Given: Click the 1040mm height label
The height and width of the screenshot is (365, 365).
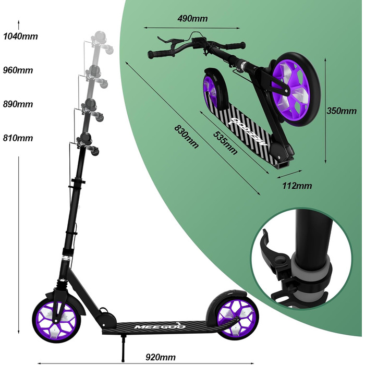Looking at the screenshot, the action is point(20,36).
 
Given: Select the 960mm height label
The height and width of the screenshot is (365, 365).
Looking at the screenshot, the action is point(18,70).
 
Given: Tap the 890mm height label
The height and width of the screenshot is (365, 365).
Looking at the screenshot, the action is point(18,104).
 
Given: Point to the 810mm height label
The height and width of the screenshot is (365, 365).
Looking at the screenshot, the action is point(18,138).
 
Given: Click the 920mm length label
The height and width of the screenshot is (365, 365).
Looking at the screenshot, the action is point(161,357).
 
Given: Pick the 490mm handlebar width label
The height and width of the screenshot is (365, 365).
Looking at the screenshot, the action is point(192,18).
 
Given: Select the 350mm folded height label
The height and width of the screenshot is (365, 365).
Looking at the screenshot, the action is point(342,111).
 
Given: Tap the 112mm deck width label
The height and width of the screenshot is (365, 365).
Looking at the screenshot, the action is point(297,186).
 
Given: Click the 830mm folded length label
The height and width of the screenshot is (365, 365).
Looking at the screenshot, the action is point(187,137).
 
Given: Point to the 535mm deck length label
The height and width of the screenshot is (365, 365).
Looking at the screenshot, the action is point(225,143).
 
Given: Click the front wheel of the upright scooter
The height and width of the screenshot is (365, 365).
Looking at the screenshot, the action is point(56,320).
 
